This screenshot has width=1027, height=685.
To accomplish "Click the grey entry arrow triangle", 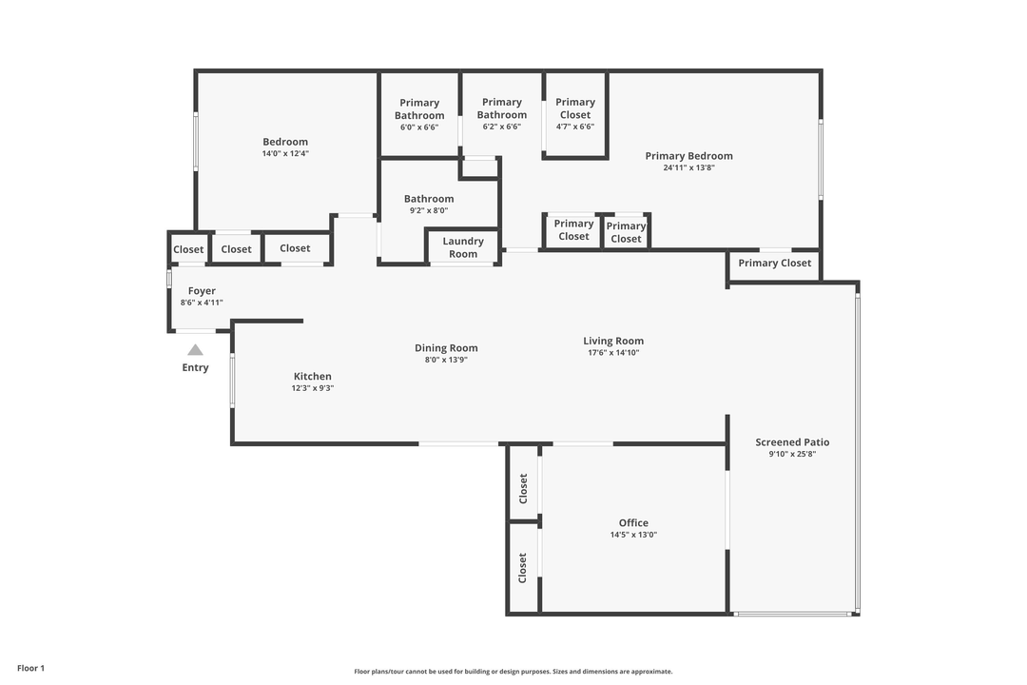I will click(x=195, y=350).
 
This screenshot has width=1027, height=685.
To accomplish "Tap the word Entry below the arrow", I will click(x=195, y=368).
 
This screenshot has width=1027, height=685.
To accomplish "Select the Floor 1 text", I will click(x=30, y=669).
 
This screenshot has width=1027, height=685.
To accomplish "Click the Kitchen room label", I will click(x=312, y=377).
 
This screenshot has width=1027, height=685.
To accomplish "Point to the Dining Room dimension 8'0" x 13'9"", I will click(x=446, y=361).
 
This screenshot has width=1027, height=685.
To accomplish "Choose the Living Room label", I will click(x=613, y=341).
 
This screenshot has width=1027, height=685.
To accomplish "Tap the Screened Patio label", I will click(x=792, y=442).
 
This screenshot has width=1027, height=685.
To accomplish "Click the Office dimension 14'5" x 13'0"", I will click(x=633, y=535).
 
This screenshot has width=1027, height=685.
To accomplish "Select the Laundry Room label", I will click(x=463, y=247).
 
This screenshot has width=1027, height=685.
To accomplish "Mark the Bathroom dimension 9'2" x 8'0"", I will click(x=428, y=211).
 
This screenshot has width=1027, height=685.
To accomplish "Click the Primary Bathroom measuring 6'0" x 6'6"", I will click(x=419, y=109).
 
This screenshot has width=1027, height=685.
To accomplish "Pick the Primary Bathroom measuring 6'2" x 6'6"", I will click(x=501, y=109).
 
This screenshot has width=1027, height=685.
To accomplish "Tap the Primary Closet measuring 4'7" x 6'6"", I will click(x=575, y=108).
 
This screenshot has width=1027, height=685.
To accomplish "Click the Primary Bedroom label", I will click(x=688, y=156).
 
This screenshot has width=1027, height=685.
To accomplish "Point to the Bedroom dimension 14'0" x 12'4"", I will click(x=285, y=153).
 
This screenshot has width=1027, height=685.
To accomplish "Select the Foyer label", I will click(x=202, y=291).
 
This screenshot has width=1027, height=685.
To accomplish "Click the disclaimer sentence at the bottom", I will click(x=513, y=672).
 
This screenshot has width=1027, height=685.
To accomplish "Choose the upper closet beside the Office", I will click(x=523, y=488).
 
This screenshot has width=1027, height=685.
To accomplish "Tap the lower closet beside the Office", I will click(x=523, y=568).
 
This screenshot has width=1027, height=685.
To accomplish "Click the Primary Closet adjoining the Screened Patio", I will click(x=775, y=264).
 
